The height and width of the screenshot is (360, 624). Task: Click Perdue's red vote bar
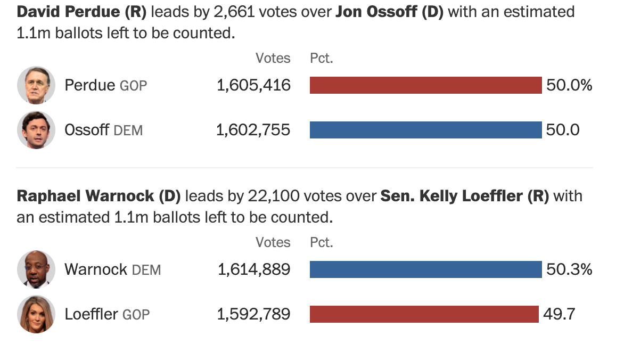(x=425, y=85)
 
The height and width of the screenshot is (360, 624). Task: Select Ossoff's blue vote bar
(x=425, y=130)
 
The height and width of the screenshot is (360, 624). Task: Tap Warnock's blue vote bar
(x=425, y=269)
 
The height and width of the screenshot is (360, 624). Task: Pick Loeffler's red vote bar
(x=424, y=314)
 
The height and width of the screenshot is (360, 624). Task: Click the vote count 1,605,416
(x=253, y=85)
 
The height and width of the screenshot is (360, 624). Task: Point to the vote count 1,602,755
(x=253, y=130)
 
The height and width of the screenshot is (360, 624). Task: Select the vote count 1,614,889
(x=254, y=269)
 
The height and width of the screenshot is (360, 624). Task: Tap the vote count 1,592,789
(x=253, y=314)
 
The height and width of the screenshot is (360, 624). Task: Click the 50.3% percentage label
(x=569, y=269)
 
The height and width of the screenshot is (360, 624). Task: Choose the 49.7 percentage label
(x=559, y=314)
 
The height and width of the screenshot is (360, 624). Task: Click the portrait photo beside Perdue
(x=36, y=85)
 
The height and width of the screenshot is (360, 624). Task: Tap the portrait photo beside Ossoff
(x=36, y=130)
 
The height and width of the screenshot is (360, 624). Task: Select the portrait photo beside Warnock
(x=36, y=269)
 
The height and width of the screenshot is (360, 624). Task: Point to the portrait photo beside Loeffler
(x=36, y=314)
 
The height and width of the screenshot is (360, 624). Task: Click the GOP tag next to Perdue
(x=133, y=86)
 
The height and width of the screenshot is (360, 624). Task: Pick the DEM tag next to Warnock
(x=146, y=270)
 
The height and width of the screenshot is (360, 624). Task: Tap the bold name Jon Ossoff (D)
(x=390, y=12)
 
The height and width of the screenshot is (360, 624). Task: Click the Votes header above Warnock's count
(x=273, y=242)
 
